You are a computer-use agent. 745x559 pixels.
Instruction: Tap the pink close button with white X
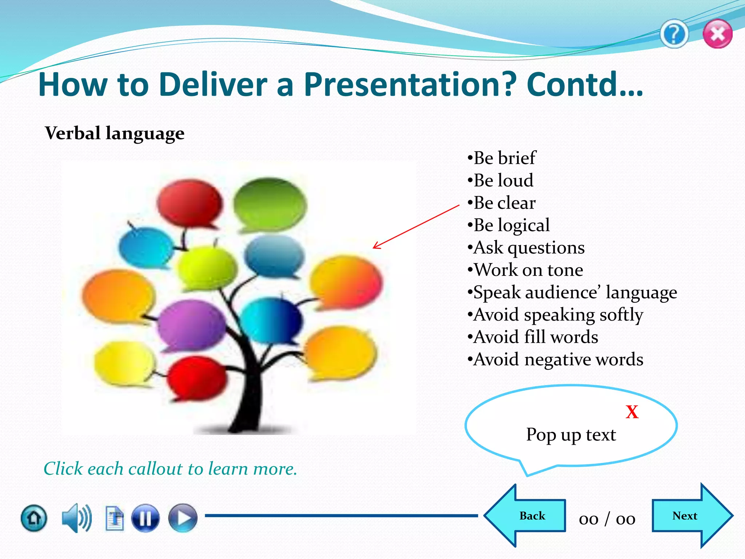[717, 34]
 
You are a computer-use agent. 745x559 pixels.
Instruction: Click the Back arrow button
[526, 516]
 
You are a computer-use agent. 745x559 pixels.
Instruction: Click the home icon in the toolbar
[34, 518]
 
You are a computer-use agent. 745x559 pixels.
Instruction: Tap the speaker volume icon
[76, 518]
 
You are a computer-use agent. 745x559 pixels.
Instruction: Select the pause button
[145, 518]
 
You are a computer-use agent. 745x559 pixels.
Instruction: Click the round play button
[183, 518]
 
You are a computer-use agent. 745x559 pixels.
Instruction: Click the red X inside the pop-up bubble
[632, 412]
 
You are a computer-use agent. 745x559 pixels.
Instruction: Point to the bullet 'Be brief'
[504, 158]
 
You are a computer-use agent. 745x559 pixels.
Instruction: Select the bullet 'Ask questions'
[529, 248]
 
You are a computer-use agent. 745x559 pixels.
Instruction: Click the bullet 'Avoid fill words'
[535, 337]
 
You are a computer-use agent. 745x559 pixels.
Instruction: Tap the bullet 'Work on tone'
[528, 270]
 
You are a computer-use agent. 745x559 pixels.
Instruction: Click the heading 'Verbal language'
[115, 133]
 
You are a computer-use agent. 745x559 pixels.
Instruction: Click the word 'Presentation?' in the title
[410, 84]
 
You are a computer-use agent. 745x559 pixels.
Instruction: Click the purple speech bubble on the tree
[191, 324]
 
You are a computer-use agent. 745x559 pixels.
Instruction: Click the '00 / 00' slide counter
[607, 519]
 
